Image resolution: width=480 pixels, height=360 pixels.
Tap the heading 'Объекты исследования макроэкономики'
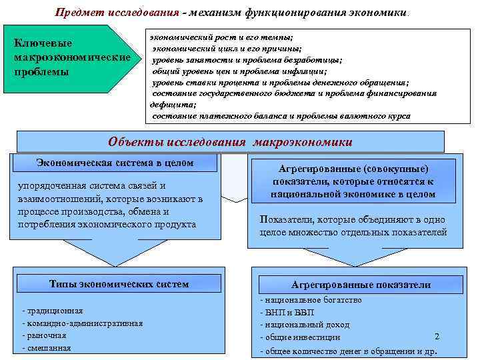pyautogui.click(x=230, y=142)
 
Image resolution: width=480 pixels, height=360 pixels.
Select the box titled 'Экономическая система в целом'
pyautogui.click(x=115, y=162)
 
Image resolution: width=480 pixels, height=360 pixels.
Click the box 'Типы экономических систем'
pyautogui.click(x=119, y=284)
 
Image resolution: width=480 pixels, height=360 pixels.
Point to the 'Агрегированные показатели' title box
pyautogui.click(x=361, y=285)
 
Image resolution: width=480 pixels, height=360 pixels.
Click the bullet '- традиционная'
pyautogui.click(x=53, y=311)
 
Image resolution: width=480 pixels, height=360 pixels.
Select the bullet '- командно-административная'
pyautogui.click(x=83, y=323)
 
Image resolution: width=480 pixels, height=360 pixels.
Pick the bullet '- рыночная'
pyautogui.click(x=45, y=335)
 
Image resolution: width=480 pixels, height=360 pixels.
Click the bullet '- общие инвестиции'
pyautogui.click(x=299, y=337)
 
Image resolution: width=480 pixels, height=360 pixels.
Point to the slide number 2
pyautogui.click(x=437, y=337)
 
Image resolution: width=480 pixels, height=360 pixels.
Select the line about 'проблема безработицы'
pyautogui.click(x=247, y=59)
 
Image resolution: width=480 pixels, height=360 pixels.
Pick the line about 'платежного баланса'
pyautogui.click(x=281, y=116)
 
